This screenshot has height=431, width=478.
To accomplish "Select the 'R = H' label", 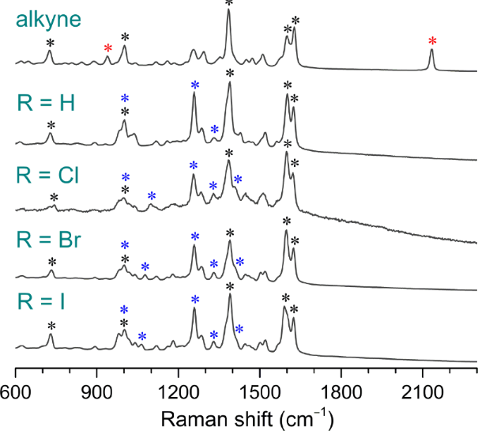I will coord(46,104).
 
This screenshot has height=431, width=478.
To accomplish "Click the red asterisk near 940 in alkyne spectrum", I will coord(108,49).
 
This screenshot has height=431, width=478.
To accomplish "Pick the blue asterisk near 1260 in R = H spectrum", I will coord(194,85).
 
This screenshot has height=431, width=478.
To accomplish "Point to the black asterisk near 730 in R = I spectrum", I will coord(51,326).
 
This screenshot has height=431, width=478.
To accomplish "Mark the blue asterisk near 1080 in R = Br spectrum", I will coord(145,267).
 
